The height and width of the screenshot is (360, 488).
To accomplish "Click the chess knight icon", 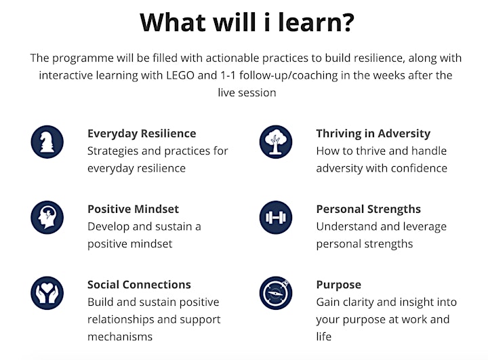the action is point(47,142).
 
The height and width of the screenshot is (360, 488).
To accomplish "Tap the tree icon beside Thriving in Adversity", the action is point(276,142).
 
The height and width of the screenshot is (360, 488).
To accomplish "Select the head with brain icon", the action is point(47,218).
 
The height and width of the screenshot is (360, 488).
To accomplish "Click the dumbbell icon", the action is point(276,218).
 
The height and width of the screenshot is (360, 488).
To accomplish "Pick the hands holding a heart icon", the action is point(47,293).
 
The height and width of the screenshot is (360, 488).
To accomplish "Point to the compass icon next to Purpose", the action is point(276,293).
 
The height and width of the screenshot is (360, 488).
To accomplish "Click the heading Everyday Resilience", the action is point(142,134).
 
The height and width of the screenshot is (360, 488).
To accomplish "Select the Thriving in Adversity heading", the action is point(373,134).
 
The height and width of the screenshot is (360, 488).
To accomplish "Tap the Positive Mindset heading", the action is point(134,209).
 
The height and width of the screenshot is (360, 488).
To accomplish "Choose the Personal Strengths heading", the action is point(369,209).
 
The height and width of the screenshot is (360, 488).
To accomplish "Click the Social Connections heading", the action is point(139,285).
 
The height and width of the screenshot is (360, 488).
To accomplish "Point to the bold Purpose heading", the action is point(339,285).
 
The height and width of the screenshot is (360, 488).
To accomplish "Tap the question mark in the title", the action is point(346,22).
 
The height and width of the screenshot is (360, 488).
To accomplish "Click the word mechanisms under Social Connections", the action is point(120,337).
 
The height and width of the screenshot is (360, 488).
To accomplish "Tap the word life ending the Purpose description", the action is point(324,337).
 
